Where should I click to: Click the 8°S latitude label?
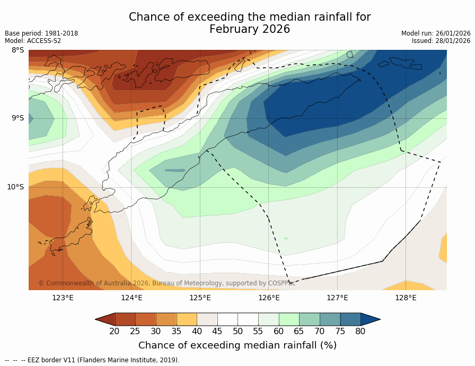(17, 50)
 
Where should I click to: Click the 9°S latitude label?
(17, 118)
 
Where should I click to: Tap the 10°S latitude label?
(15, 187)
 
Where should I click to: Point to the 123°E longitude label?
(63, 298)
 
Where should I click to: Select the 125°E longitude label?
(200, 298)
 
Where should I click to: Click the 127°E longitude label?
(337, 298)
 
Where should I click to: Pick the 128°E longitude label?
(406, 298)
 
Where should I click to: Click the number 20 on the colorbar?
(115, 332)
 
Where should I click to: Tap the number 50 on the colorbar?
(237, 332)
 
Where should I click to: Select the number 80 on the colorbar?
(360, 332)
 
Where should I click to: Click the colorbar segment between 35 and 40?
(187, 319)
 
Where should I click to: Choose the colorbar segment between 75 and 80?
(350, 319)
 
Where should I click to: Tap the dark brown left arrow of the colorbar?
(105, 319)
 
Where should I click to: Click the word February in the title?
(233, 29)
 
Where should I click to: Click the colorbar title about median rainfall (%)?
(237, 345)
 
